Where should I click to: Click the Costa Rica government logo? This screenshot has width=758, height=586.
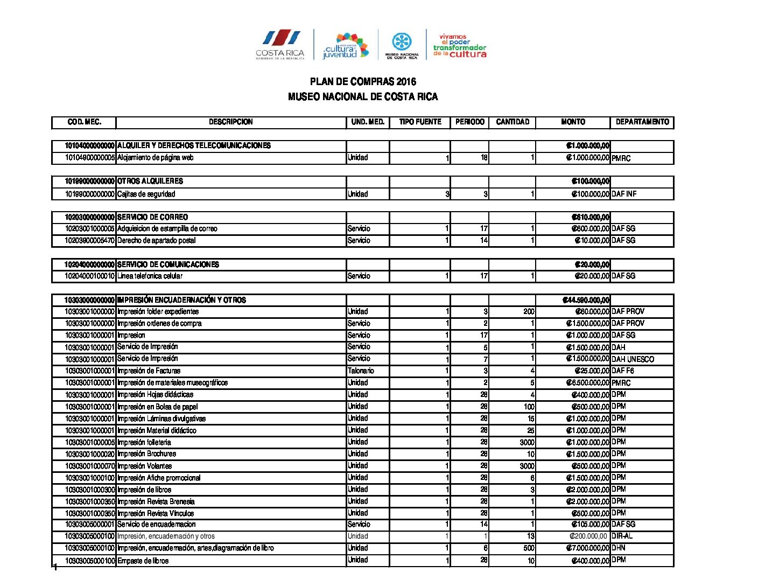280,44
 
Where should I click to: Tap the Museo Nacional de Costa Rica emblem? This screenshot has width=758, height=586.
402,45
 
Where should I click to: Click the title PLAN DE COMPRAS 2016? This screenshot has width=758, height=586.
363,82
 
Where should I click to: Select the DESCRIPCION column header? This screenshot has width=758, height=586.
230,122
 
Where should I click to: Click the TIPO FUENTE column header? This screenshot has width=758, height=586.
420,122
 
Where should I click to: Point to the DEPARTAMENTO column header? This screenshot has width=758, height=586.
642,122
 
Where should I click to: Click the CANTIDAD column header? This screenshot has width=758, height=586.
513,122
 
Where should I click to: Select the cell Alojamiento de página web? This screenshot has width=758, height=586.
155,158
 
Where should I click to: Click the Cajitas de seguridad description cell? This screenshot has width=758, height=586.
146,194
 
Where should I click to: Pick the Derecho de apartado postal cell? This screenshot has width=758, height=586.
156,241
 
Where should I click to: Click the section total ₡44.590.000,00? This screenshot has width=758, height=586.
586,300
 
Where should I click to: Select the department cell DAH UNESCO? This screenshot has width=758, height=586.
633,359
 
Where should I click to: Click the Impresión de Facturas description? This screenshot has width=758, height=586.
149,371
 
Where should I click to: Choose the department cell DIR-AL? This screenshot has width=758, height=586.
622,536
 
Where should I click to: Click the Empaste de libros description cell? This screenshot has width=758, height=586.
143,561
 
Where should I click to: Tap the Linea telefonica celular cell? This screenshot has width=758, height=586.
150,276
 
